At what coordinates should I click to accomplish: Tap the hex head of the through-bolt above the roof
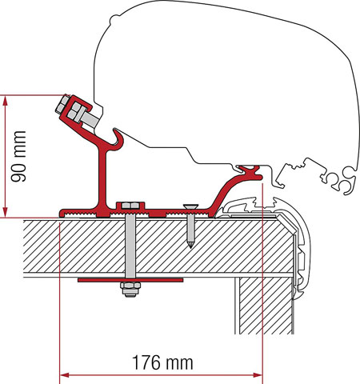[x=130, y=207]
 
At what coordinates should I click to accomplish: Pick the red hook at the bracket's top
[x=116, y=140]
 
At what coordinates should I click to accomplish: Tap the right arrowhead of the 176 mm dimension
[x=258, y=372]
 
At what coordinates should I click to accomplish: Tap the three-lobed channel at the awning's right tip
[x=340, y=180]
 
